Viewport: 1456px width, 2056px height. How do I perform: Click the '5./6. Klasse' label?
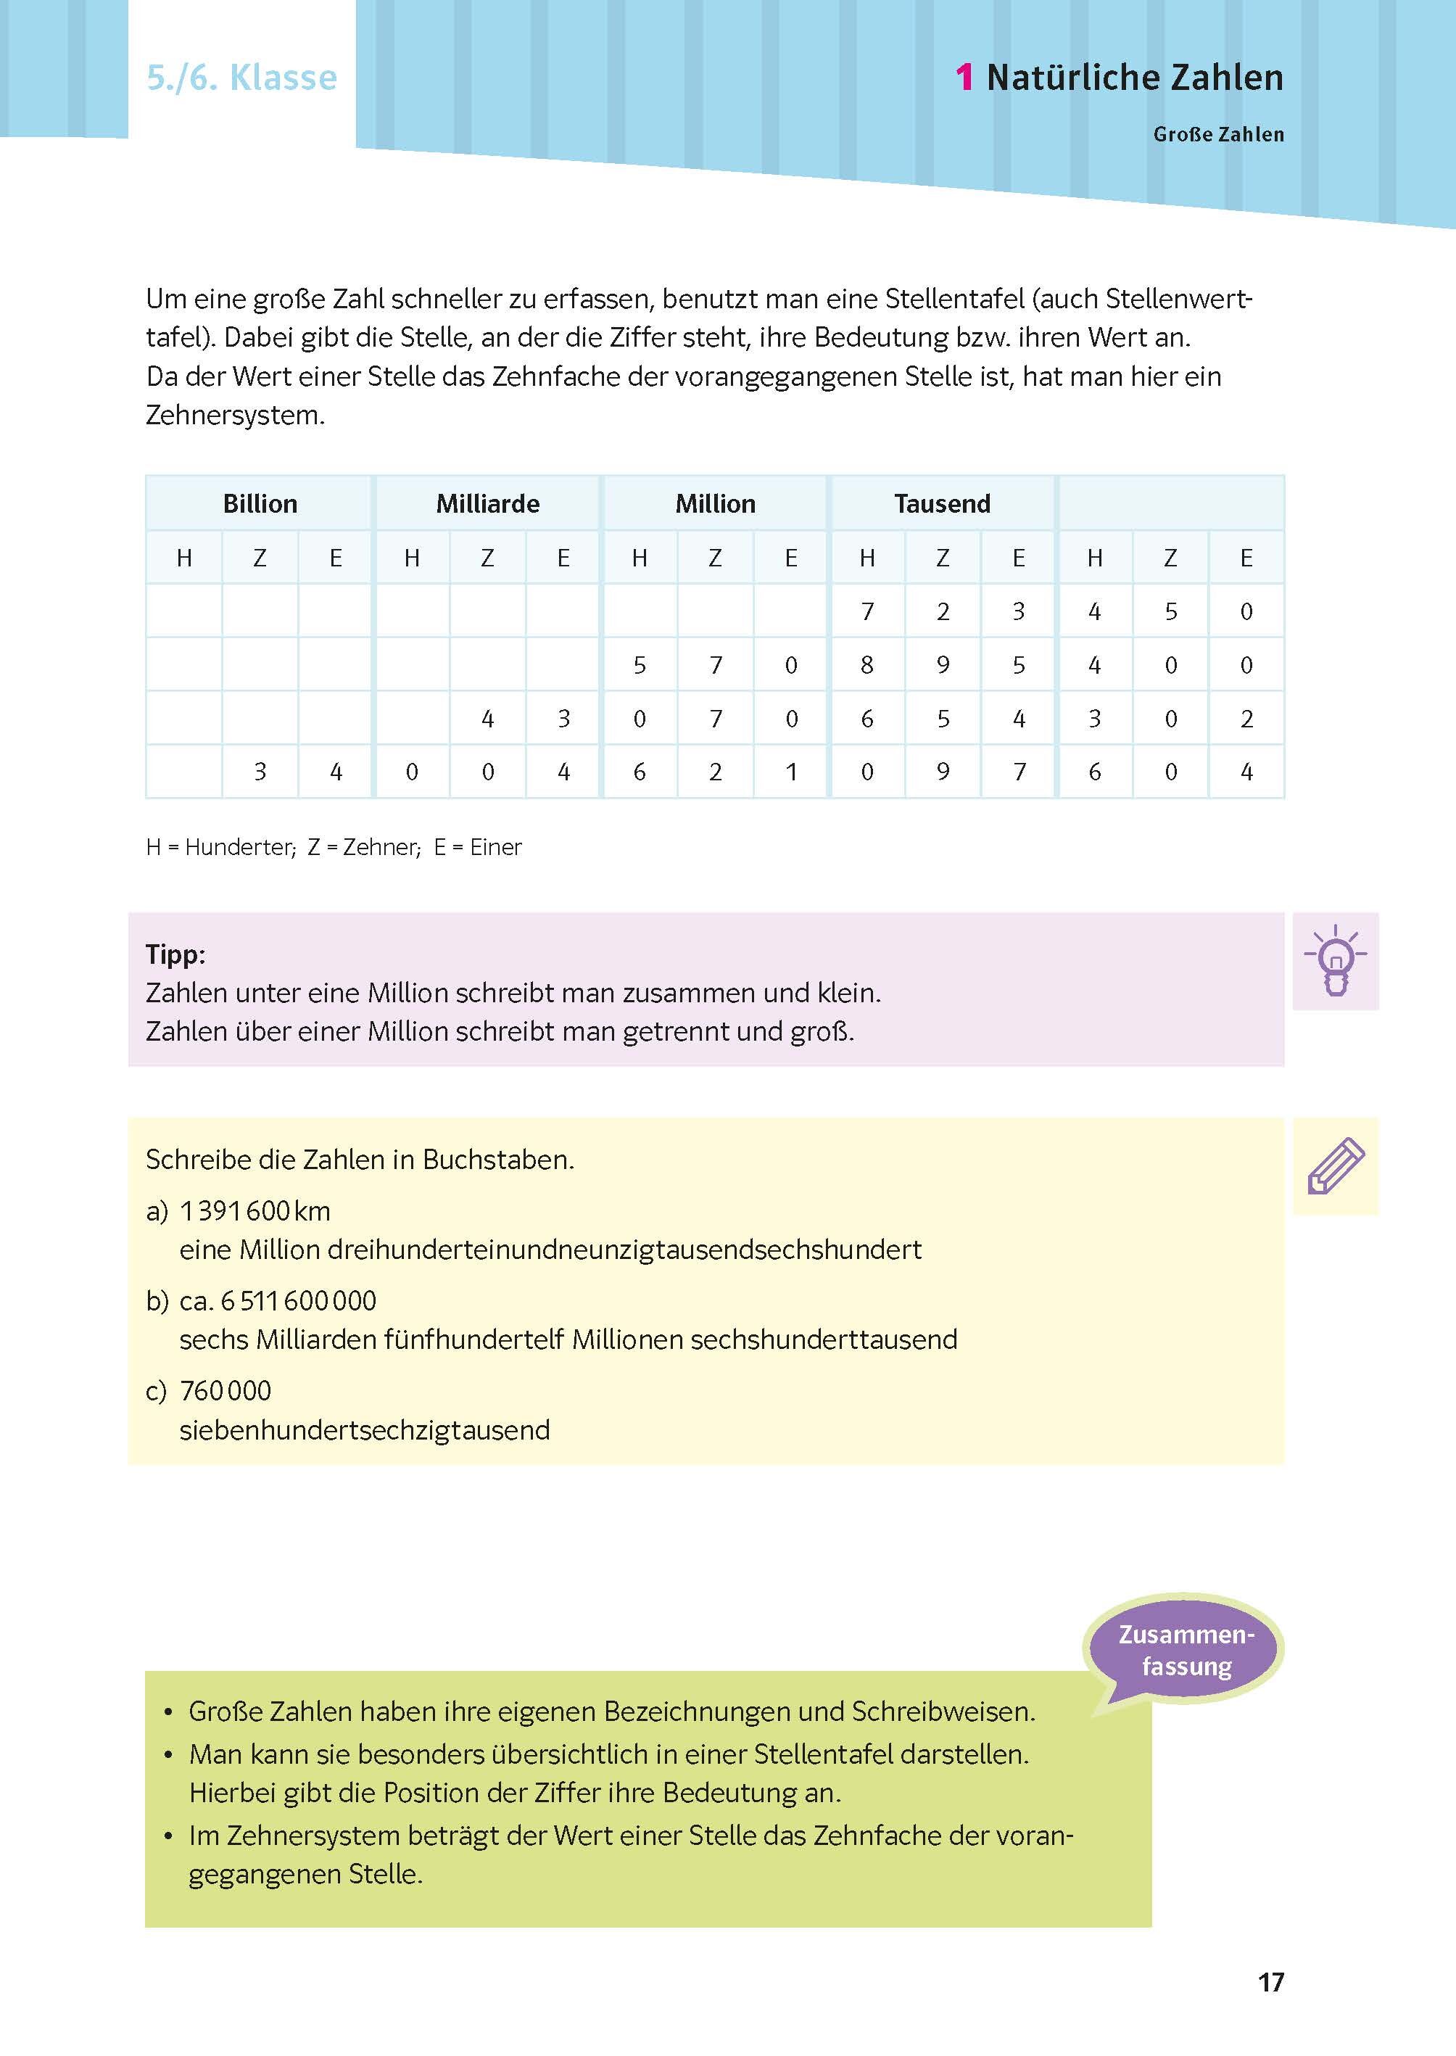point(242,78)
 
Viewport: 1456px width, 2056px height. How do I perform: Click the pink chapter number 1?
point(964,78)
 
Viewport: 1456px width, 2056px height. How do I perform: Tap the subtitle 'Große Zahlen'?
point(1217,134)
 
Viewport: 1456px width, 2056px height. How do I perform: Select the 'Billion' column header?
point(260,504)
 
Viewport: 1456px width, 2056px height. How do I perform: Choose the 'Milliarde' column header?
point(488,504)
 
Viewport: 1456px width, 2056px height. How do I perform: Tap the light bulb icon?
point(1335,961)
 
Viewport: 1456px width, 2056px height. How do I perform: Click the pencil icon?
point(1335,1167)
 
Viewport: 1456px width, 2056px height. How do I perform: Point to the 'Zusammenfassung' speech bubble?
point(1186,1651)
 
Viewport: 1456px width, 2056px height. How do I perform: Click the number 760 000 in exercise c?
point(226,1391)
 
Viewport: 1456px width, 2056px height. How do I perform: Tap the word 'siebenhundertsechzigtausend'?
point(364,1429)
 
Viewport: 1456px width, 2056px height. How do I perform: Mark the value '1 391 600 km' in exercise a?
point(255,1211)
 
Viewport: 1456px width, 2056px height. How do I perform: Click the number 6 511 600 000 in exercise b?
point(299,1301)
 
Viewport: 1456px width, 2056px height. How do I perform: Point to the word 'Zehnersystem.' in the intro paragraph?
point(235,415)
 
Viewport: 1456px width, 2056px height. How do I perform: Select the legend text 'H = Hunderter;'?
point(220,847)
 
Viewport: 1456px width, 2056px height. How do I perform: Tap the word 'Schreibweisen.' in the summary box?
point(943,1712)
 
